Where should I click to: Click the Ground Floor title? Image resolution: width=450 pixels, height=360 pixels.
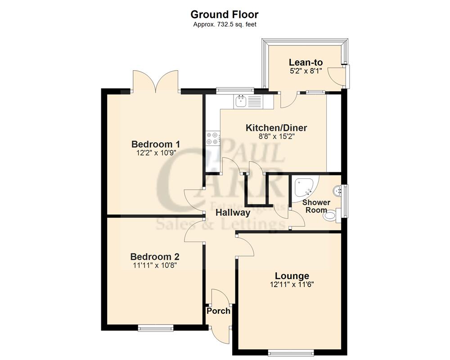tap(225, 15)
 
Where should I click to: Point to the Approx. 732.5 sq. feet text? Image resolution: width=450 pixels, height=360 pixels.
tap(225, 25)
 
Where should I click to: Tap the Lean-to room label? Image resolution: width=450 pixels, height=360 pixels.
tap(306, 62)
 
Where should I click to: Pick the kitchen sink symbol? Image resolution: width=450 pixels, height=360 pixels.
tap(240, 101)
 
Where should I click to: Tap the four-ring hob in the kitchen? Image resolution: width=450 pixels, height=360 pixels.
tap(212, 139)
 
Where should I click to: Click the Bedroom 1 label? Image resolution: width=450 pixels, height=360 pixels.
tap(156, 144)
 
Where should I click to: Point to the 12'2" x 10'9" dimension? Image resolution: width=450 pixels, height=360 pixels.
tap(156, 153)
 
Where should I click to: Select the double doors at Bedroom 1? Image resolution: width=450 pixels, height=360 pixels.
tap(156, 81)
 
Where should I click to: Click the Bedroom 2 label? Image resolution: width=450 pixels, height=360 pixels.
tap(155, 256)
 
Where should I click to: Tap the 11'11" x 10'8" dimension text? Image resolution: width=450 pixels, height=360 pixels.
tap(155, 265)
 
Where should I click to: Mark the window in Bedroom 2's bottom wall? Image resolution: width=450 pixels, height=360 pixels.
tap(156, 328)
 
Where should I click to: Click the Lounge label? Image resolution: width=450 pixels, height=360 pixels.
tap(292, 276)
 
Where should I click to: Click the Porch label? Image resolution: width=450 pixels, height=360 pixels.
tap(218, 311)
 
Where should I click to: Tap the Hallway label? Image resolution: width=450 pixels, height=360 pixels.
tap(232, 213)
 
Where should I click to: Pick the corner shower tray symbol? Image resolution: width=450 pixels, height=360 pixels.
tap(304, 188)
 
